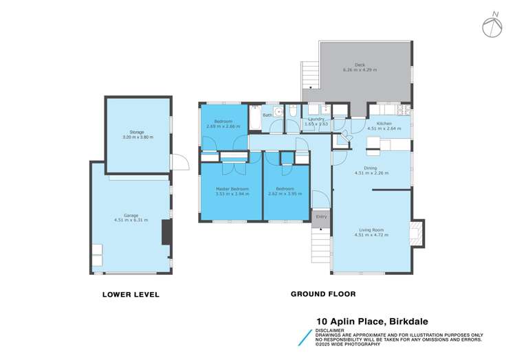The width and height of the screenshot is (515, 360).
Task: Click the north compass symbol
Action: pos(492,25)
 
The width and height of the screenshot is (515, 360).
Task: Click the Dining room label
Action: pos(371,170)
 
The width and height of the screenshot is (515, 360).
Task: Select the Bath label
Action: pos(267,115)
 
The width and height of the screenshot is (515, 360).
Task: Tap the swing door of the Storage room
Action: pos(179,162)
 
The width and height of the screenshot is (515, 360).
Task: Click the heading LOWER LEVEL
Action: pos(131,295)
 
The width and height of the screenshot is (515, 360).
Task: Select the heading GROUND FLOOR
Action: pos(322,294)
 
